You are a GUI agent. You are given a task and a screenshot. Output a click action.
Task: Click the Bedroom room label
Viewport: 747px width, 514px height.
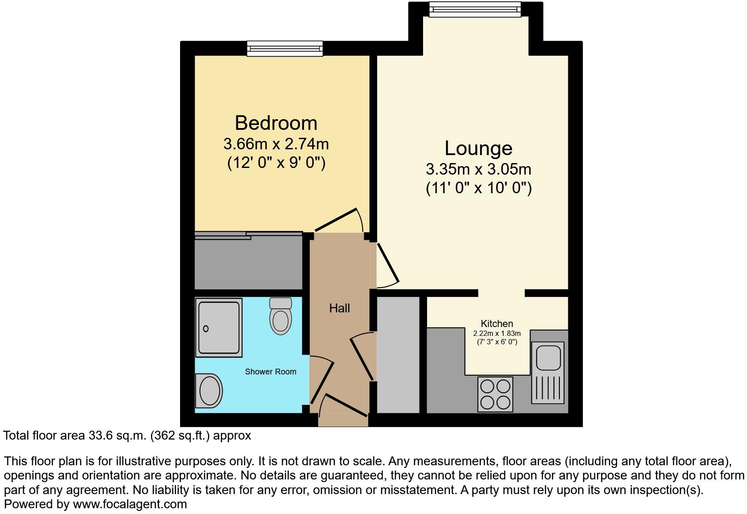[x=276, y=123]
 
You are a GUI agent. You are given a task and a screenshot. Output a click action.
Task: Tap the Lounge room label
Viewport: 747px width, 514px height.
[x=478, y=148]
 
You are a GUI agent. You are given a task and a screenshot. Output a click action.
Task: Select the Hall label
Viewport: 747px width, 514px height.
[x=339, y=308]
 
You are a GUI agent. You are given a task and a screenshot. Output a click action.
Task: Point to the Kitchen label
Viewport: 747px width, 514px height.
[x=497, y=324]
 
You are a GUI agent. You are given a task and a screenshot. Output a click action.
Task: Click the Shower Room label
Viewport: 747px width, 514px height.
[x=270, y=372]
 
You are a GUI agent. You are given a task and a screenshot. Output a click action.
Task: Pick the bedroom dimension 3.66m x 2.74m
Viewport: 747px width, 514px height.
[x=276, y=144]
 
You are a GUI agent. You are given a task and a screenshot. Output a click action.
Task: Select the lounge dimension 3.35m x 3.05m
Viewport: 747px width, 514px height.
[x=478, y=169]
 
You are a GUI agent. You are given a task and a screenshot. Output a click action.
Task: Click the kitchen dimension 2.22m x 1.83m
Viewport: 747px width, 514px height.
[x=497, y=334]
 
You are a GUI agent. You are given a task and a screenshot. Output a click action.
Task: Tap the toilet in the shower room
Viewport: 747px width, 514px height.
[x=281, y=316]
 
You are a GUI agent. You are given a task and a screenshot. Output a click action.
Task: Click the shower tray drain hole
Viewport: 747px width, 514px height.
[x=206, y=329]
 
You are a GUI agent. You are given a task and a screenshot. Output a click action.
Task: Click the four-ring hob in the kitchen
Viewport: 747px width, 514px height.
[x=495, y=394]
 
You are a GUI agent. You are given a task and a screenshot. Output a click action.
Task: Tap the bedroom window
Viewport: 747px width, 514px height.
[x=285, y=48]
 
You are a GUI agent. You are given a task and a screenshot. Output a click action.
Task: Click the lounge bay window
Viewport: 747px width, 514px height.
[x=475, y=9]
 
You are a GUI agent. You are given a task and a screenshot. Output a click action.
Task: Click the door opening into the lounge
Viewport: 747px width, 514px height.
[x=388, y=263]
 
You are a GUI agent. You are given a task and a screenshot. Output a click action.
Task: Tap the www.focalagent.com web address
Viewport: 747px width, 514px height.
[x=130, y=504]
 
